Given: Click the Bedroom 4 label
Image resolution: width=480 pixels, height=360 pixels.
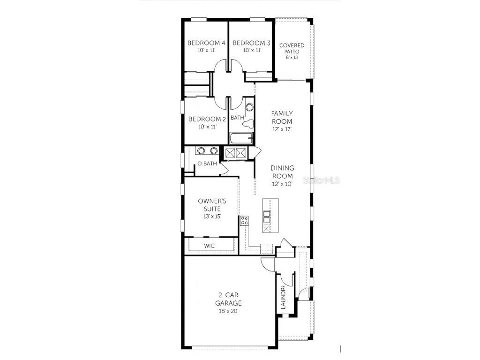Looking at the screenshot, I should click(x=206, y=43).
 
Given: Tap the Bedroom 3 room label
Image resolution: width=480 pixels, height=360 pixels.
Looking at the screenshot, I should click(x=251, y=43).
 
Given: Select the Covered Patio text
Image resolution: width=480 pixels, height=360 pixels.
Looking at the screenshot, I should click(x=292, y=48).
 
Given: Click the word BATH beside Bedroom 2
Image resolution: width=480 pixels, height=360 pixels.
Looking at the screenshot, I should click(x=237, y=118).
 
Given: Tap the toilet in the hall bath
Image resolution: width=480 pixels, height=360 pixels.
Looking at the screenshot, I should click(x=248, y=124).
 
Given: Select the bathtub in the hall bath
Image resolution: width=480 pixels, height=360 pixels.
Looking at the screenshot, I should click(x=241, y=138).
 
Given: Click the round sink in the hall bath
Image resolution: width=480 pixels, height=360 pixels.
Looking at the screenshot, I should click(x=249, y=107).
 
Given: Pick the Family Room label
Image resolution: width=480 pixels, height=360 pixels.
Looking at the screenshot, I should click(x=282, y=117).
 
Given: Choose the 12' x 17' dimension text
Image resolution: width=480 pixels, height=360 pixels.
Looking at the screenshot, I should click(x=282, y=129).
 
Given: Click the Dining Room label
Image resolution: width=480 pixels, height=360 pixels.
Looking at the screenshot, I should click(x=282, y=172).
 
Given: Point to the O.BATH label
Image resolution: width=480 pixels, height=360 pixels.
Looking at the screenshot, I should click(x=207, y=164).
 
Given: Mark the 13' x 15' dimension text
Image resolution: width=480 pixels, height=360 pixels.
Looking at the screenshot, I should click(x=209, y=217).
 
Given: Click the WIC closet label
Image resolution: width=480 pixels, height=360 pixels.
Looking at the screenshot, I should click(x=209, y=246).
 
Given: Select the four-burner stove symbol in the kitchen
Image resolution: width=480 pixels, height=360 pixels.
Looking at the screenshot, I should click(x=244, y=221).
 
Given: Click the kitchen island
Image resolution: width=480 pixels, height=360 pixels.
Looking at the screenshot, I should click(x=270, y=215).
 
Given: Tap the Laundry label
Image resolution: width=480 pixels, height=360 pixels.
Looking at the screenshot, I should click(x=283, y=298).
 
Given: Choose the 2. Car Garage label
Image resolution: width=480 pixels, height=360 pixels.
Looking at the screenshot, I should click(x=230, y=299).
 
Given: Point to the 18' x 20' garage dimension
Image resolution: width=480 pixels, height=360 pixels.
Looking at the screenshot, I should click(x=230, y=311).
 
